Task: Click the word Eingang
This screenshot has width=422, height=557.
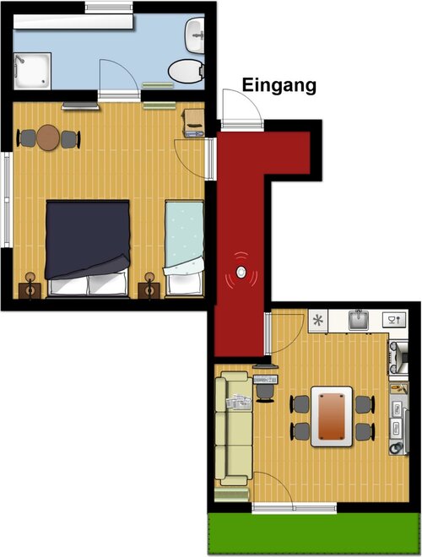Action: tap(279, 85)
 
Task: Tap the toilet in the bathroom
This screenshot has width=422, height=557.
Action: tap(187, 71)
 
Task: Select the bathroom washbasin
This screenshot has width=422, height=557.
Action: tap(195, 35)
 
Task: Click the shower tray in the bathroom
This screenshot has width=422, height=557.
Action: tap(32, 71)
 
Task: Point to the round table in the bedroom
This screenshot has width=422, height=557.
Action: tap(48, 138)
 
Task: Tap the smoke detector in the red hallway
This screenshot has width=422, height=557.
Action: tap(241, 273)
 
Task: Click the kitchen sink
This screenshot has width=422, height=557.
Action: tap(359, 320)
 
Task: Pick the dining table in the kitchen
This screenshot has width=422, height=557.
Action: tap(332, 417)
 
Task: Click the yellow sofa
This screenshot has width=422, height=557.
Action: tap(234, 428)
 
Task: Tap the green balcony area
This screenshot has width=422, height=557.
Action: tap(314, 533)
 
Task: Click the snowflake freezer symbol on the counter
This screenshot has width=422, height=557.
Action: tap(318, 322)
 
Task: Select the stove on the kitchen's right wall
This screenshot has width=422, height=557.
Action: tap(398, 357)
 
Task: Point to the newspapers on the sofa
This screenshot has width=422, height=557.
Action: tap(239, 402)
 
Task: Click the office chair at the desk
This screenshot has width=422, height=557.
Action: tap(265, 392)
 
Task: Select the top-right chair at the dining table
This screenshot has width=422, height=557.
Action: tap(365, 404)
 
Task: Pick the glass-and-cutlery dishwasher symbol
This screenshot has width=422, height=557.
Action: tap(393, 321)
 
